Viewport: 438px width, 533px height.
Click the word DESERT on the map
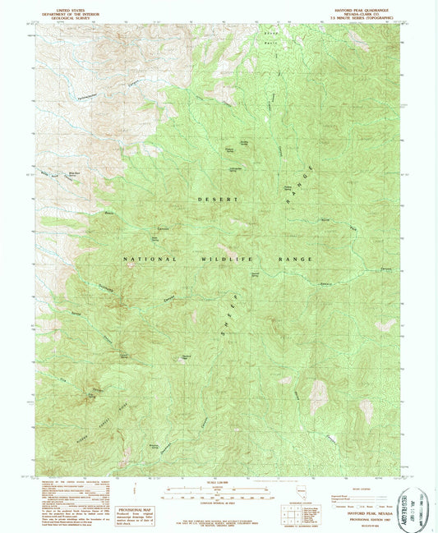(x=216, y=200)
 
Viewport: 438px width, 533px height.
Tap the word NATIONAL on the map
(x=150, y=259)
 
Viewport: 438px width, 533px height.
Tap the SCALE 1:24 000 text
(x=217, y=483)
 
